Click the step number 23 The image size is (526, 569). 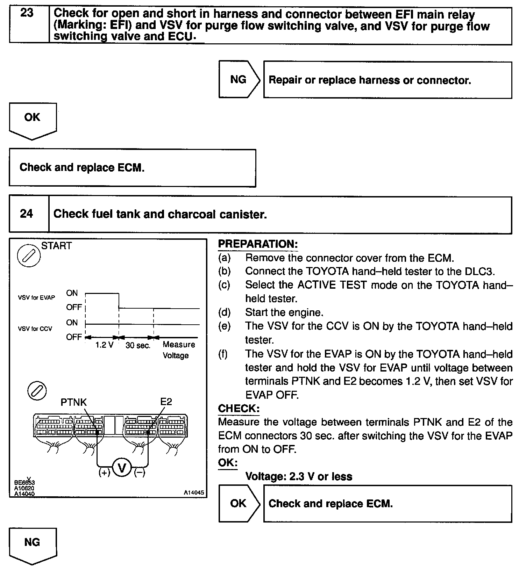(x=27, y=13)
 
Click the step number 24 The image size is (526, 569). (x=27, y=214)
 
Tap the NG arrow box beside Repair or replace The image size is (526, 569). (x=239, y=80)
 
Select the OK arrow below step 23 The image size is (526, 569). (x=32, y=119)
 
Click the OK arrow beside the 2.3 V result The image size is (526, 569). (x=239, y=503)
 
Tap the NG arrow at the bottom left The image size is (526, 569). (x=32, y=543)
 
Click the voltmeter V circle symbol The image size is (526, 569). (x=122, y=468)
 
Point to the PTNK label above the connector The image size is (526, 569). (x=73, y=402)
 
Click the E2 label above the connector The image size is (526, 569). (x=166, y=402)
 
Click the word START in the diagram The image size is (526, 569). (x=56, y=246)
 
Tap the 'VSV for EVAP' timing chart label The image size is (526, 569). (x=36, y=298)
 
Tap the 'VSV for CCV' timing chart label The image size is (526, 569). (x=35, y=329)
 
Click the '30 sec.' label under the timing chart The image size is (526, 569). (x=138, y=346)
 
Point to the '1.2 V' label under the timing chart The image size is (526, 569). (x=104, y=345)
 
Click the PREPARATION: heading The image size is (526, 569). (x=258, y=244)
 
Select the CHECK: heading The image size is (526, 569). (x=239, y=408)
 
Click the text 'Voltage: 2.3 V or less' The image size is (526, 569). (x=299, y=476)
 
